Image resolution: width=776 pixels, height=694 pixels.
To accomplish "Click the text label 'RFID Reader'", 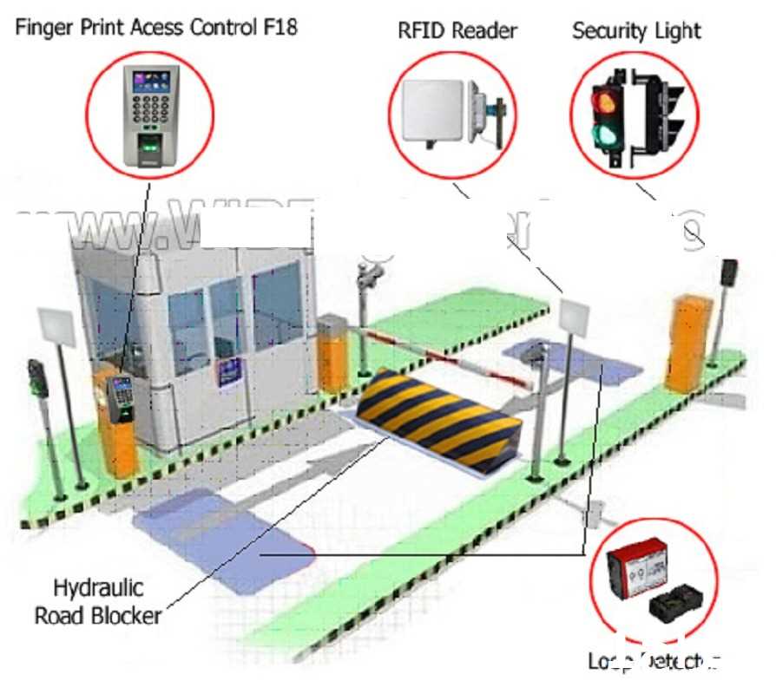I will [457, 31].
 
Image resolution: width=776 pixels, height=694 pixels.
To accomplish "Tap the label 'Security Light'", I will [636, 31].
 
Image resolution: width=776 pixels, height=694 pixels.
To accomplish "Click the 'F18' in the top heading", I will [278, 27].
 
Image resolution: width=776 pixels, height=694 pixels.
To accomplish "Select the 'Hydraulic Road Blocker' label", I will [97, 601].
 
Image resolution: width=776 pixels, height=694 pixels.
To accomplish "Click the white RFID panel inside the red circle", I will [431, 111].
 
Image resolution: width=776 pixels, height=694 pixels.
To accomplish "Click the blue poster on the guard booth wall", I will [230, 371].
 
